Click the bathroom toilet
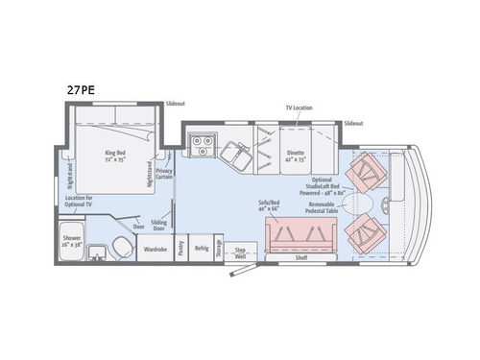(x=120, y=247)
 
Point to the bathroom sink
(x=97, y=253)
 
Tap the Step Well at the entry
(x=240, y=253)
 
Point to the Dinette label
(x=296, y=152)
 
